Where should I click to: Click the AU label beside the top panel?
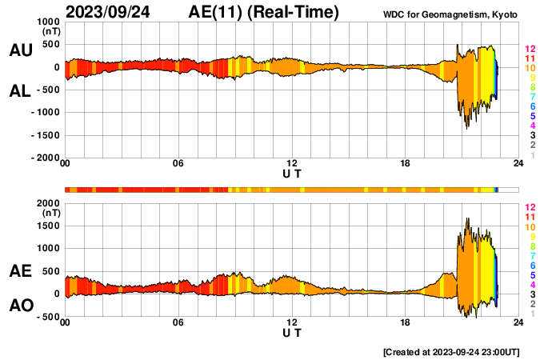pyautogui.click(x=20, y=50)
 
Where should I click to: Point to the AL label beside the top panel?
pyautogui.click(x=20, y=92)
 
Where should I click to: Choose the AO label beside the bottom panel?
pyautogui.click(x=20, y=306)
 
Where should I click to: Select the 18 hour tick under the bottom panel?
pyautogui.click(x=406, y=324)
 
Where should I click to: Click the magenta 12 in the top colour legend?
pyautogui.click(x=530, y=50)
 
